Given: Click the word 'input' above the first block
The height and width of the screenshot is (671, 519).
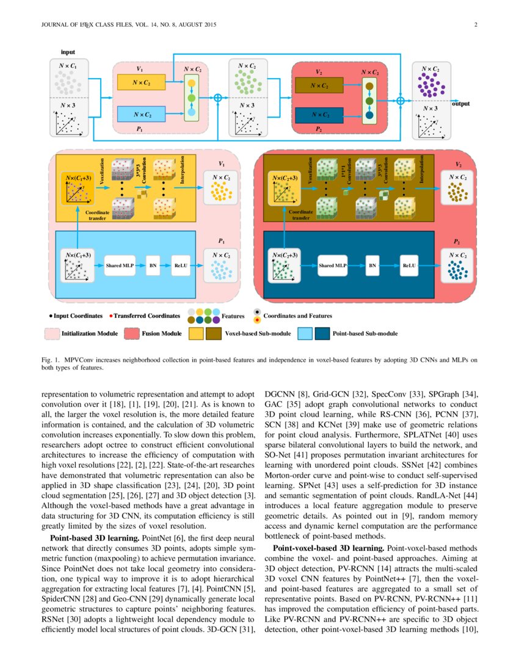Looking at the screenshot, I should click(x=67, y=53).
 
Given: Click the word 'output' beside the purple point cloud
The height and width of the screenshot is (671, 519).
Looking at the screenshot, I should click(x=460, y=104).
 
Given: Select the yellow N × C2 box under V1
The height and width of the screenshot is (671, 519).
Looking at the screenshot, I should click(x=140, y=82).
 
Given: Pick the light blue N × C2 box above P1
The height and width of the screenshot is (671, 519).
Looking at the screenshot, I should click(x=140, y=113).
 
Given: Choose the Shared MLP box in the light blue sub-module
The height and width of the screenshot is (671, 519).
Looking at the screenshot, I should click(x=120, y=266).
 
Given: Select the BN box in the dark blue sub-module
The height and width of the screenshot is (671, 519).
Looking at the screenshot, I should click(x=372, y=266).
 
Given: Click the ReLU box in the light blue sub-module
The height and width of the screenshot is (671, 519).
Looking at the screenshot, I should click(x=181, y=266).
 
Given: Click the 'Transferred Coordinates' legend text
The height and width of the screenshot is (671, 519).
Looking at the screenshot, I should click(x=147, y=316).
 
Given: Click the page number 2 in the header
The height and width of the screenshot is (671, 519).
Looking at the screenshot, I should click(x=474, y=25).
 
